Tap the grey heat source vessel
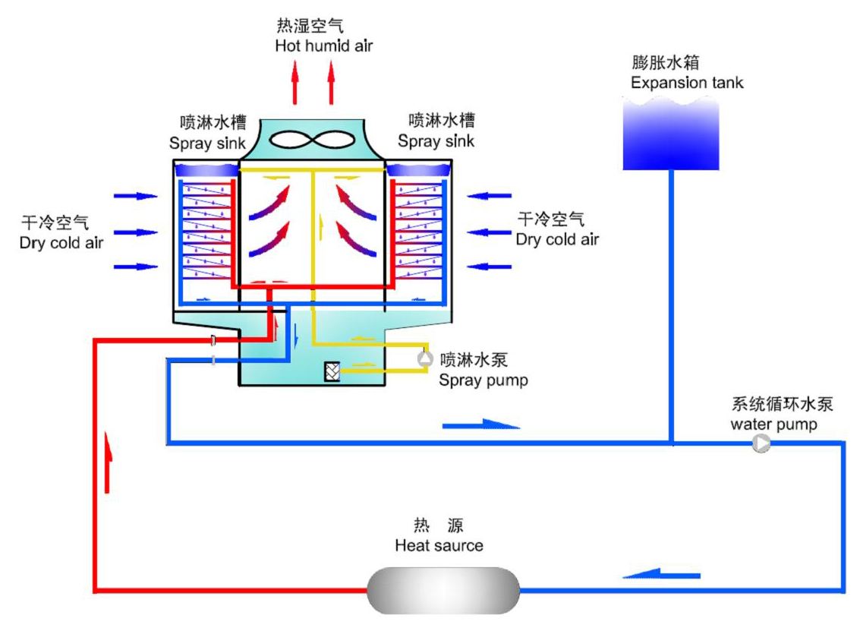[443, 590]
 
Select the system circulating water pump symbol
[761, 443]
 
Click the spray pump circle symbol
[426, 358]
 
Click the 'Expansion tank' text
[687, 83]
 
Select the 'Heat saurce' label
[439, 545]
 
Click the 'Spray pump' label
[483, 380]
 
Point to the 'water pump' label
[773, 424]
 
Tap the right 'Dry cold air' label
[557, 239]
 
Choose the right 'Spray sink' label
[436, 141]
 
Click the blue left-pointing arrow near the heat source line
[662, 574]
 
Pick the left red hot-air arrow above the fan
[295, 81]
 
